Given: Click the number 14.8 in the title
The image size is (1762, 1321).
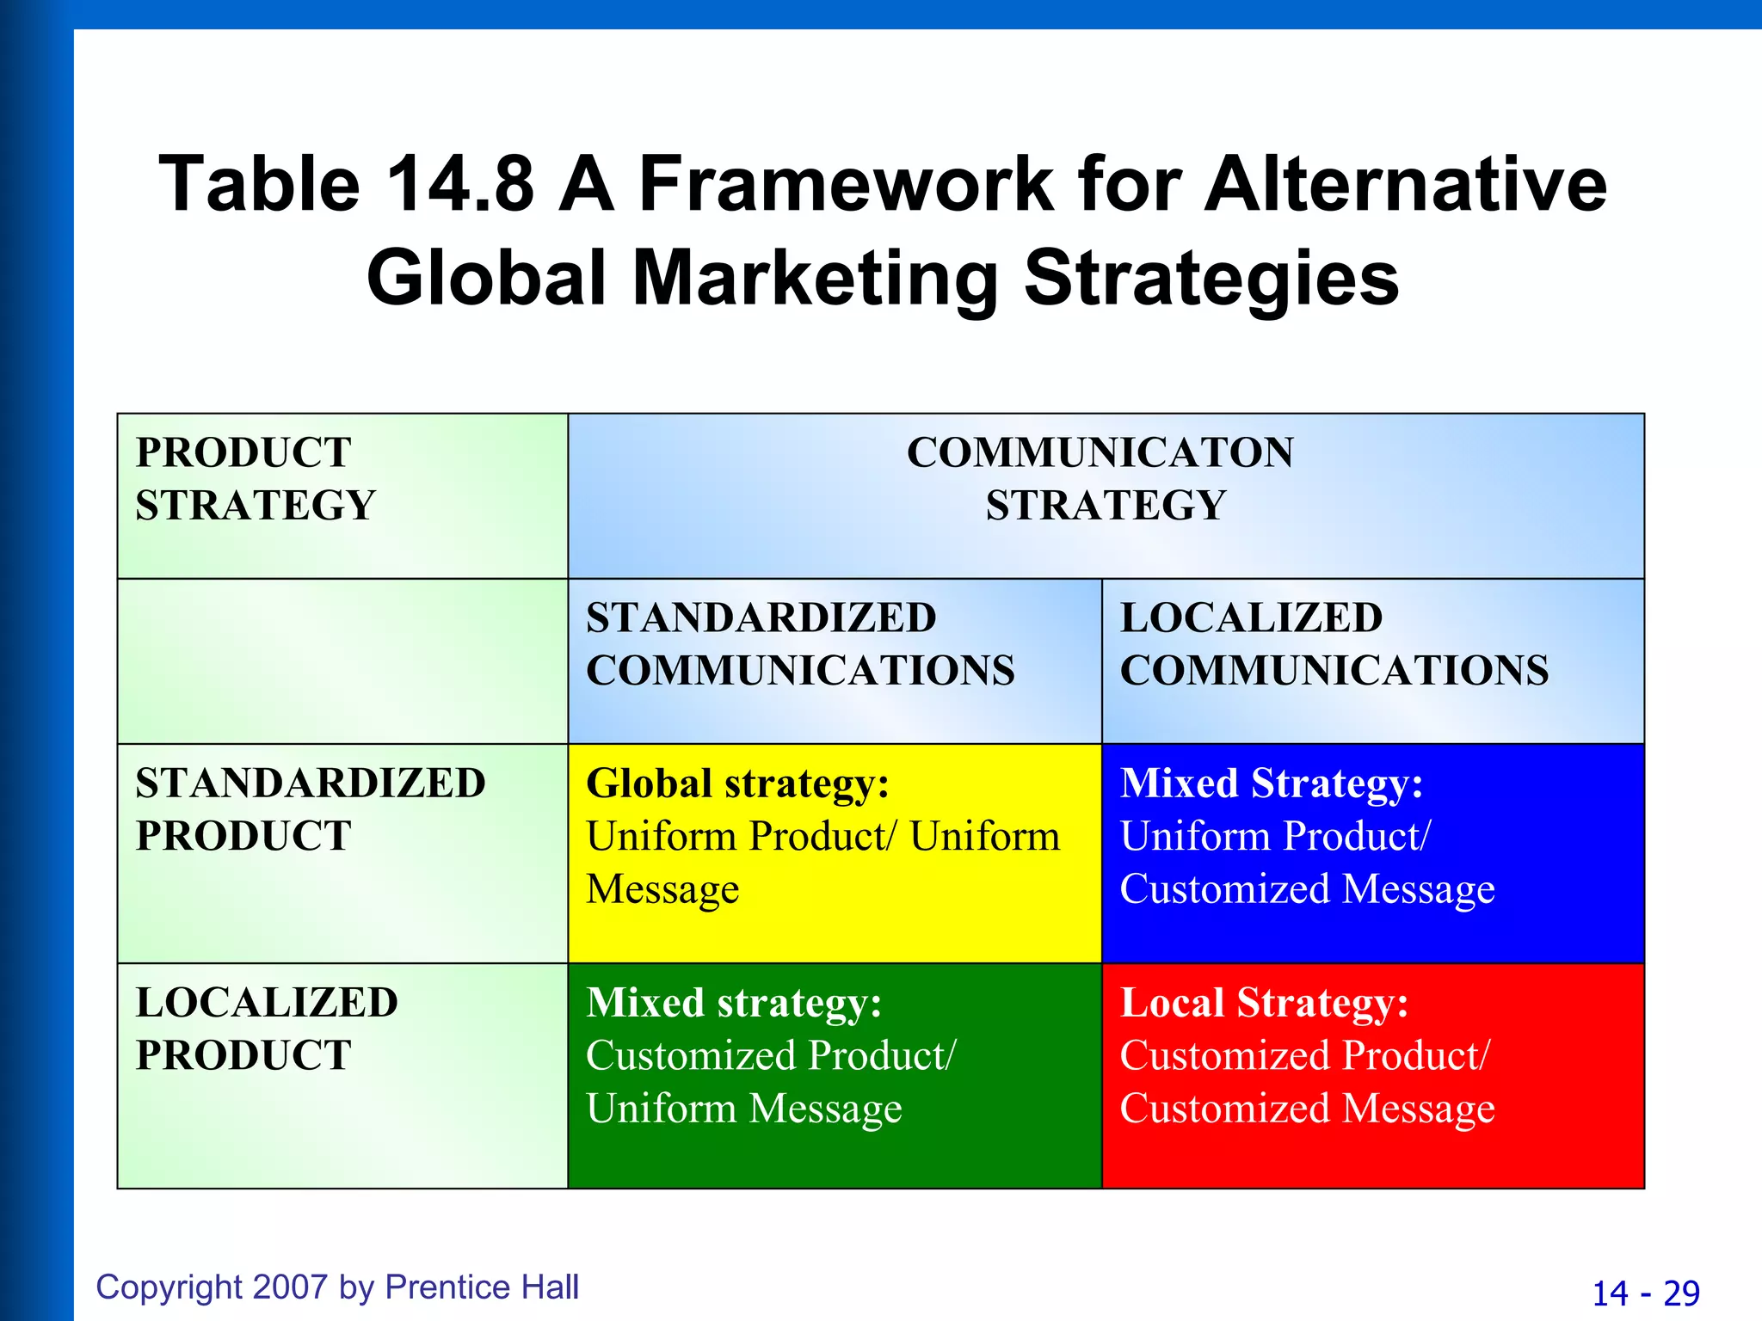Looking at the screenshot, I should point(459,183).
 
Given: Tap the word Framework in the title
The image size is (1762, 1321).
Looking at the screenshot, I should point(847,183).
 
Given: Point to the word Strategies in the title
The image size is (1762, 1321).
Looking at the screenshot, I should point(1211,280).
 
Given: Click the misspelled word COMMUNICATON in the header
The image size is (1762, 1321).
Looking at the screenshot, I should point(1100,452).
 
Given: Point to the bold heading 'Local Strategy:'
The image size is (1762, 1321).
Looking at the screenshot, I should point(1264,1003).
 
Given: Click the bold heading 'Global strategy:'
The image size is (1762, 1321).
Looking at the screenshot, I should point(737,783).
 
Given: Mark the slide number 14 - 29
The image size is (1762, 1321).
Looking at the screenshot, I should point(1646,1293).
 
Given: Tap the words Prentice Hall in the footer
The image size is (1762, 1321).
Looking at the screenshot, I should point(482,1287).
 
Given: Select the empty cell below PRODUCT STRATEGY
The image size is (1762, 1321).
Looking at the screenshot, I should point(342,661).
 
